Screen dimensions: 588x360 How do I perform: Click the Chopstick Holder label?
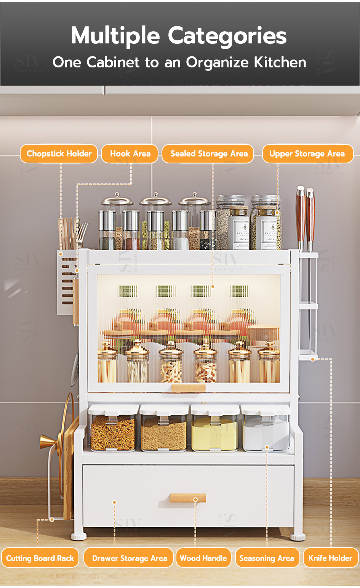tap(59, 153)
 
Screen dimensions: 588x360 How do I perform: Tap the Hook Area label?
tap(130, 153)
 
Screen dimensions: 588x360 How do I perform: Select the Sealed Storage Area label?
tap(208, 153)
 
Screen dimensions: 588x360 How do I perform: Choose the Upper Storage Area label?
tap(307, 153)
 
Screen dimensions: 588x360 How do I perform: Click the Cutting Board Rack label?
tap(40, 558)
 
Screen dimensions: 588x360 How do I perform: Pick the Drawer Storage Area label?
tap(129, 558)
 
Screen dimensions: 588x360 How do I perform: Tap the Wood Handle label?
tap(203, 558)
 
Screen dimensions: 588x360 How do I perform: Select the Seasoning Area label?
tap(267, 558)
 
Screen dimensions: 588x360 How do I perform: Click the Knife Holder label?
tap(330, 558)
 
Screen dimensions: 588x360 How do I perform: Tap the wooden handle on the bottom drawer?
tap(188, 498)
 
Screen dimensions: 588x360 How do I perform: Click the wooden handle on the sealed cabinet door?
tap(188, 388)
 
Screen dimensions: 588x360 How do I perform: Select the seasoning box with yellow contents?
tap(214, 432)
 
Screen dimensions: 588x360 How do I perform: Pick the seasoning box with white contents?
tap(265, 432)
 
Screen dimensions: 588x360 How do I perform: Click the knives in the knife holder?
tap(306, 217)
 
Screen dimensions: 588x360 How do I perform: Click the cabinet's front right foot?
tap(298, 537)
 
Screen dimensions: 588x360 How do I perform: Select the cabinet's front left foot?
tap(79, 536)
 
